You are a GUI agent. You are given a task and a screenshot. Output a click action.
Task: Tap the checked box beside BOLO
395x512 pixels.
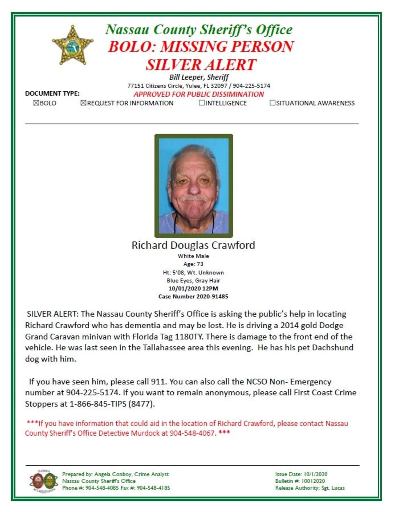coord(36,103)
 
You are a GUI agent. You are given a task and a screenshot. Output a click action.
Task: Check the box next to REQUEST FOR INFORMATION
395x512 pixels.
coord(83,103)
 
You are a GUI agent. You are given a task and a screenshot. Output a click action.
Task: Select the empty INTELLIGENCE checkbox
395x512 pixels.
coord(202,103)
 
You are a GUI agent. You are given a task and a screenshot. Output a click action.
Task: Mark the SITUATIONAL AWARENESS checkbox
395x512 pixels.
coord(272,103)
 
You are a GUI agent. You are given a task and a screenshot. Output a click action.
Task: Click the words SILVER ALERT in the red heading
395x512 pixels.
coord(201,65)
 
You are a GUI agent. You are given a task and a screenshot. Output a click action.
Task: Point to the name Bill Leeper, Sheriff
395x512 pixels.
coord(199,77)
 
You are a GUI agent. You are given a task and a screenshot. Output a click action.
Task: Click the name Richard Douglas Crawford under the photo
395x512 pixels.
coord(193,245)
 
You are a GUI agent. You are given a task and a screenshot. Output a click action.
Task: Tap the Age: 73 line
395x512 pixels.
coord(193,264)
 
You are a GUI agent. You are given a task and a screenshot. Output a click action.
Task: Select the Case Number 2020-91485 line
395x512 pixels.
coord(193,296)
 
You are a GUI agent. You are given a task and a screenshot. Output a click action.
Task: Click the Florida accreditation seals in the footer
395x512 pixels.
coord(44,481)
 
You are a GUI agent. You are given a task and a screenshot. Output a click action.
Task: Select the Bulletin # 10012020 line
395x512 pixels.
coord(300,481)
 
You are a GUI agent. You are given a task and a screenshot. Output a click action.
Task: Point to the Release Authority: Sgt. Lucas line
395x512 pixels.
coord(310,488)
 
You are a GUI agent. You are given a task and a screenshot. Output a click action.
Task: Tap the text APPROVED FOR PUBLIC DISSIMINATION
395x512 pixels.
coord(199,94)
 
